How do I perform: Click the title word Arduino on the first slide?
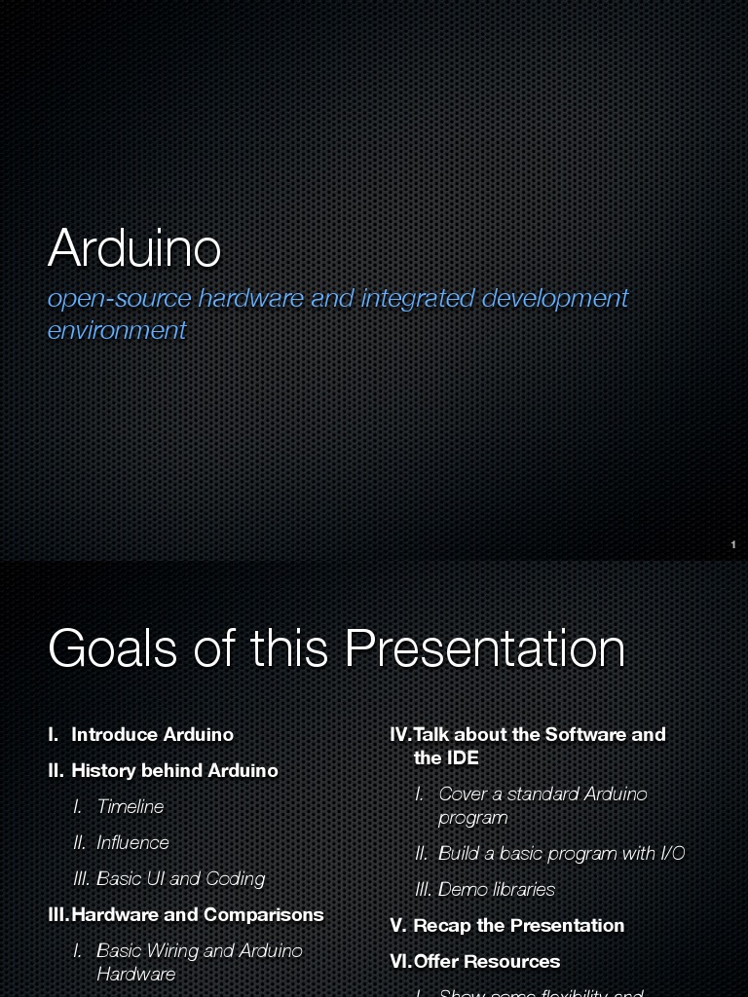tap(134, 248)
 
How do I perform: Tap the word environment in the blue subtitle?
tap(117, 330)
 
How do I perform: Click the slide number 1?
tap(733, 545)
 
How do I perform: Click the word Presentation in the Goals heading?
tap(484, 648)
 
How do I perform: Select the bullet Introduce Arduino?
tap(152, 734)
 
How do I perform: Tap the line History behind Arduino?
tap(174, 770)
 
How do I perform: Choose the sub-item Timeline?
tap(131, 806)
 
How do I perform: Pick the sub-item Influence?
tap(132, 842)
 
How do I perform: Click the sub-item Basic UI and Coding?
tap(180, 878)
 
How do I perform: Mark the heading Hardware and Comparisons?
tap(197, 914)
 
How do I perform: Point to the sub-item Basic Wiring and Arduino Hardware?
tap(199, 961)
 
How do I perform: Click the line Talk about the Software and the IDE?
tap(539, 745)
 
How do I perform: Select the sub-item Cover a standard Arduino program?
tap(542, 805)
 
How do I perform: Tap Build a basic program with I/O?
tap(561, 853)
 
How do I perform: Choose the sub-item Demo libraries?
tap(496, 889)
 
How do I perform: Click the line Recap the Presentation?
tap(518, 925)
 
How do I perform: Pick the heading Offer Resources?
tap(486, 961)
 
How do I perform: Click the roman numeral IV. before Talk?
tap(400, 734)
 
